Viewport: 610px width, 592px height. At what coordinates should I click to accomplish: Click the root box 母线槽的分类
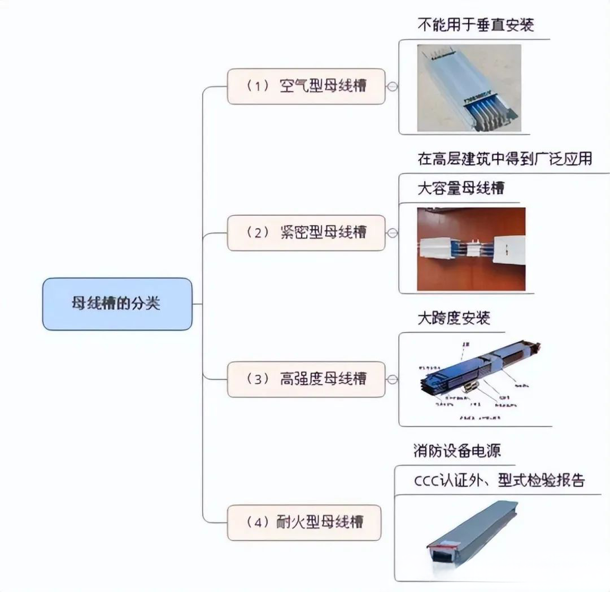pyautogui.click(x=117, y=304)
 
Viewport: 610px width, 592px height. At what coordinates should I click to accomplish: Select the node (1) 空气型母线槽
pyautogui.click(x=306, y=87)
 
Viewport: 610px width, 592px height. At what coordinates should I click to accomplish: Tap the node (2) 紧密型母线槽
pyautogui.click(x=306, y=232)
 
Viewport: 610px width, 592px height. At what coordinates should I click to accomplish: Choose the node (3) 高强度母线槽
pyautogui.click(x=306, y=379)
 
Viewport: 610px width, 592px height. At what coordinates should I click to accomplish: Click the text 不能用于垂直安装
pyautogui.click(x=475, y=25)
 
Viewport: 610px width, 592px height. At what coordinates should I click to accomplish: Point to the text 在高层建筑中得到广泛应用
pyautogui.click(x=504, y=159)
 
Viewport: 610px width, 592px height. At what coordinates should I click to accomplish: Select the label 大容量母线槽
pyautogui.click(x=460, y=188)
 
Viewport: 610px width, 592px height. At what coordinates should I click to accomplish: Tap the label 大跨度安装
pyautogui.click(x=453, y=318)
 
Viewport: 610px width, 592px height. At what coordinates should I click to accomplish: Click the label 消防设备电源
pyautogui.click(x=457, y=451)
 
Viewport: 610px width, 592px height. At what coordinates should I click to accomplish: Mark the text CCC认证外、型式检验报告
pyautogui.click(x=499, y=481)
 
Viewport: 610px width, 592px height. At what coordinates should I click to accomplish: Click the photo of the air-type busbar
pyautogui.click(x=469, y=88)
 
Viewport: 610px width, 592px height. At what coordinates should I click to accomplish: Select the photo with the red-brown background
pyautogui.click(x=471, y=249)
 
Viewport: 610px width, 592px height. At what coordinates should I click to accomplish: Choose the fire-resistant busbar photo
pyautogui.click(x=474, y=531)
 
